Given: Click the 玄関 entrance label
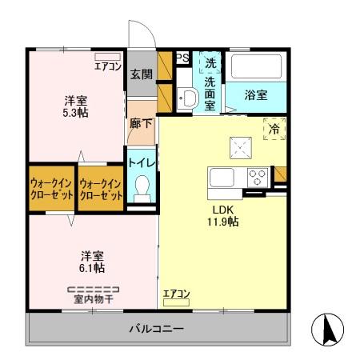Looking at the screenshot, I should click(x=141, y=74).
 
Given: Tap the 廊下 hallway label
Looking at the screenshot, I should click(x=140, y=125).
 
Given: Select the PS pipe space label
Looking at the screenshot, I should click(x=182, y=58).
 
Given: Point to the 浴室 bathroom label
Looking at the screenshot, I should click(x=256, y=94).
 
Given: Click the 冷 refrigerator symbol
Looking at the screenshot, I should click(x=274, y=127).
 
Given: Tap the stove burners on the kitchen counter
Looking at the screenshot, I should click(x=258, y=177).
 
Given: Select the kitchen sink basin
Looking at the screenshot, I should click(x=222, y=176).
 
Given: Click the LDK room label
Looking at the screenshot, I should click(x=222, y=210).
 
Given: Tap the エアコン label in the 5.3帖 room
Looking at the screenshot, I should click(x=107, y=66).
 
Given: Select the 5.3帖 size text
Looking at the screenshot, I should click(x=76, y=114).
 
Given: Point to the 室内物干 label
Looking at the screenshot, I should click(x=92, y=300).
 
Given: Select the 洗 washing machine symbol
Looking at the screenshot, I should click(x=210, y=62).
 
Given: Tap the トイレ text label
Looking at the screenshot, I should click(x=142, y=161).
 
